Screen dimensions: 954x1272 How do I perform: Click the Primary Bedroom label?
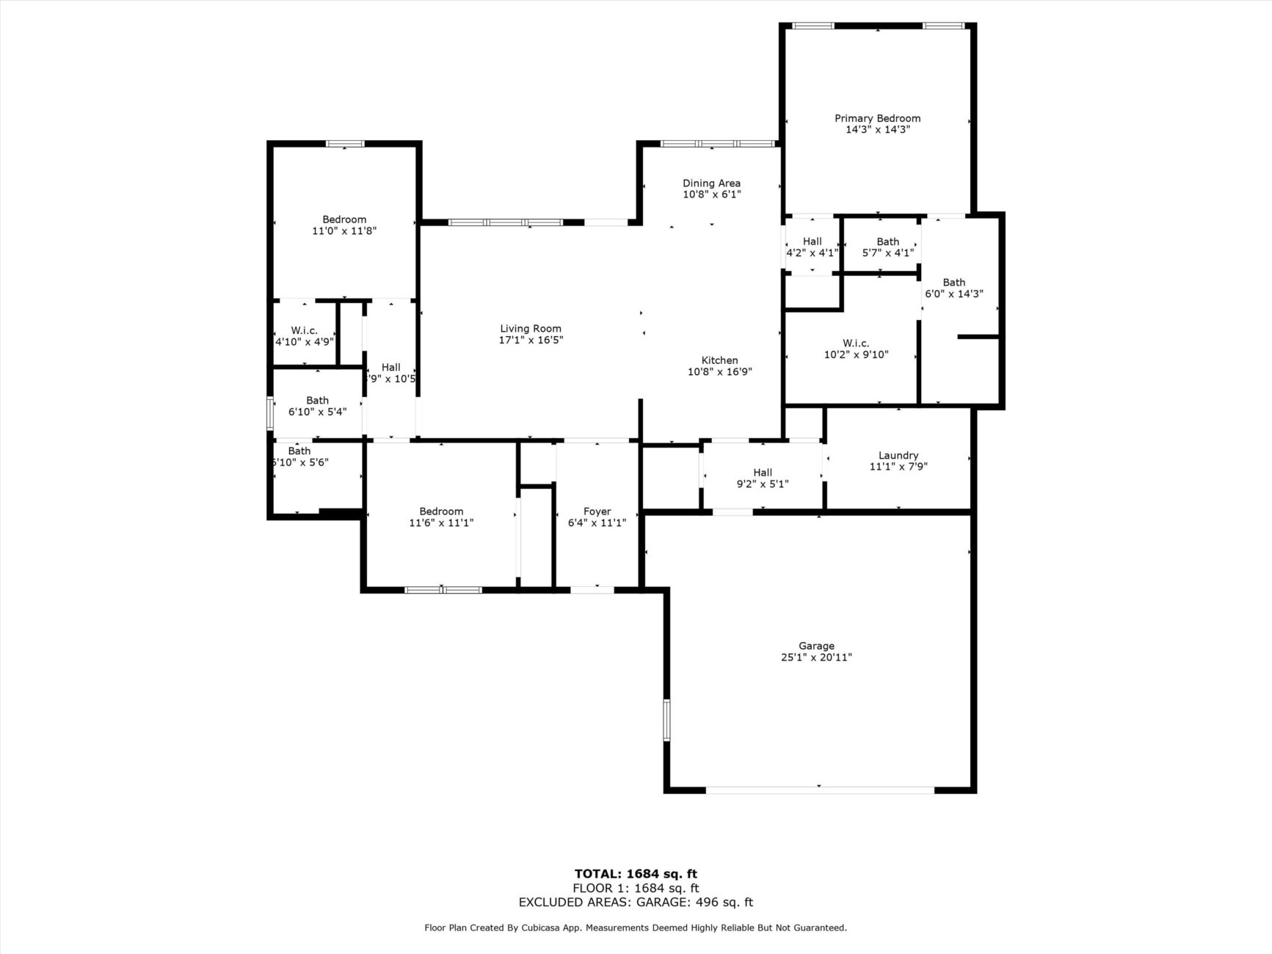click(877, 118)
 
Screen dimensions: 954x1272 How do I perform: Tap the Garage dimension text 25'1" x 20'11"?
click(816, 658)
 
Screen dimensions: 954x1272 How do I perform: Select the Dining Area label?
click(711, 183)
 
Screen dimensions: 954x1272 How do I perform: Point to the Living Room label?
click(530, 329)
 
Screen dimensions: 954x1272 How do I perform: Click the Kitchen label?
click(719, 360)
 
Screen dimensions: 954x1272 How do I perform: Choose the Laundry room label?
click(898, 455)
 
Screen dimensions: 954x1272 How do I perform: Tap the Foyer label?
click(597, 511)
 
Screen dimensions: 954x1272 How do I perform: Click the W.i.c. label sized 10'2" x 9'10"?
click(856, 343)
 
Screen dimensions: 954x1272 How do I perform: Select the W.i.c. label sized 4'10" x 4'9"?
click(304, 330)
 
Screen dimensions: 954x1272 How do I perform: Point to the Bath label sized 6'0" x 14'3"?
click(953, 283)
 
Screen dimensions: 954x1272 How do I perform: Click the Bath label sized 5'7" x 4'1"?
click(887, 241)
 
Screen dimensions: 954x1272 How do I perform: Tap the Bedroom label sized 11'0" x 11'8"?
click(344, 219)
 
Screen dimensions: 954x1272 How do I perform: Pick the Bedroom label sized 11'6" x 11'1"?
click(441, 511)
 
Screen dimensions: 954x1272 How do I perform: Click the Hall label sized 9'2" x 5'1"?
click(763, 473)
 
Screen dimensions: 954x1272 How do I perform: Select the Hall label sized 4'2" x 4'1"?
click(812, 241)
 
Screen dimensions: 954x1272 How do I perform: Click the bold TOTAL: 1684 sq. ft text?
click(636, 873)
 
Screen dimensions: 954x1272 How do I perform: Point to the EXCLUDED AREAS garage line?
click(636, 903)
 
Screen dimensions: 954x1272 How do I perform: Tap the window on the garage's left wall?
click(667, 720)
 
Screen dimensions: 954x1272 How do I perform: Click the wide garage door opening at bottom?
click(820, 790)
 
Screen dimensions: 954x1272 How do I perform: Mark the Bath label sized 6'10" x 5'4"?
click(317, 401)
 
